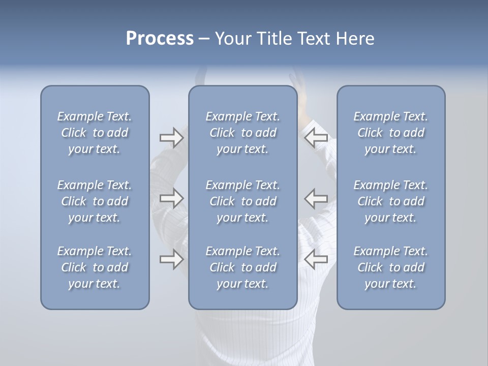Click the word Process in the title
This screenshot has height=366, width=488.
(x=160, y=39)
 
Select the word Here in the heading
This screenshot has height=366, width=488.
(x=354, y=39)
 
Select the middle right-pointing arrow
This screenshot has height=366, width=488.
(x=171, y=198)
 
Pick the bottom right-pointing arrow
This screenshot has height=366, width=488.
(x=171, y=259)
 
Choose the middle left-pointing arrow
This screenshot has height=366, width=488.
(x=316, y=198)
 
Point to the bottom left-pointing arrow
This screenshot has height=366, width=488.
(x=316, y=259)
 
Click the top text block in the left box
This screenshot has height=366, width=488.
(x=95, y=133)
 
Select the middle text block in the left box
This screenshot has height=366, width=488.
(x=95, y=201)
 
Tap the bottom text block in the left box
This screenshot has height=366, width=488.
(x=95, y=267)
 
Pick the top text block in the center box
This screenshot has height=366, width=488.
(x=243, y=133)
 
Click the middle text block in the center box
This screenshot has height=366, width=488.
(x=243, y=201)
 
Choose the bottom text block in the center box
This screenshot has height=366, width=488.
(x=243, y=267)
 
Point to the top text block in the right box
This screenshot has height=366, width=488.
(x=391, y=133)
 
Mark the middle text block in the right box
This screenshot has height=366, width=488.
(x=391, y=201)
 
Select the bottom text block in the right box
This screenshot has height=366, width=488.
(x=391, y=267)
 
